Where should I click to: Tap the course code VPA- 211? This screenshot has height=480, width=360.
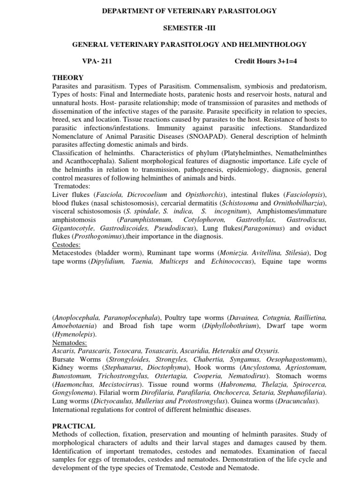[97, 61]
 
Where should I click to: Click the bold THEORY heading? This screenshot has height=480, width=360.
[68, 78]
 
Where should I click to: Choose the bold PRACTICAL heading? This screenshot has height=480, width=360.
[74, 426]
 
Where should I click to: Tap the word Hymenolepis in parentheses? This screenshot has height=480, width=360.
[75, 334]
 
